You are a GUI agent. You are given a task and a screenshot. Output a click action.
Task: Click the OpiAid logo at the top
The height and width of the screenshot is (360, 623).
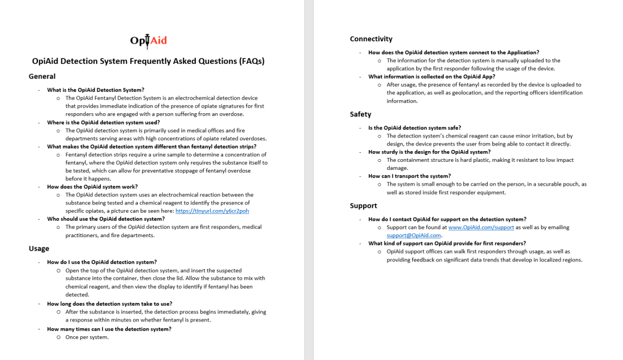coord(148,41)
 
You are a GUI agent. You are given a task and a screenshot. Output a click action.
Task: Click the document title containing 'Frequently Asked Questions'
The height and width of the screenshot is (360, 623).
coord(148,61)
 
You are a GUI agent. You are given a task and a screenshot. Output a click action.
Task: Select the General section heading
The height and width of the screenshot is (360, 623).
coord(42,76)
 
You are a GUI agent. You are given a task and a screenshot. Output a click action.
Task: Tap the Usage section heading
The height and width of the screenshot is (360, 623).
coord(39,248)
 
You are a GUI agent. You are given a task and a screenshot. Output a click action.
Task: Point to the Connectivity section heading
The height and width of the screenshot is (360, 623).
coord(371,39)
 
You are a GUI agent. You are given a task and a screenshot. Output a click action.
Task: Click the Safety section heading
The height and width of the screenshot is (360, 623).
coord(361,114)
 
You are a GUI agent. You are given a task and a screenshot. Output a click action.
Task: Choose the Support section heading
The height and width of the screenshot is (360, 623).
coord(364,205)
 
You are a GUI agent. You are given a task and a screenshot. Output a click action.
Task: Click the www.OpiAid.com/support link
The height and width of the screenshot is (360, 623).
coord(481,228)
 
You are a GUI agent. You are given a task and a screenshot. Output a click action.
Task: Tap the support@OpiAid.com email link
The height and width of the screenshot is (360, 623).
coord(413,235)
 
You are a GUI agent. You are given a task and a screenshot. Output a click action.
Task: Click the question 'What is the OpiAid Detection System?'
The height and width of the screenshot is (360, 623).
coord(96,90)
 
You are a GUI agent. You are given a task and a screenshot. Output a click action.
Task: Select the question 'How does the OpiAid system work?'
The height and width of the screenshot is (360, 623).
coord(92,186)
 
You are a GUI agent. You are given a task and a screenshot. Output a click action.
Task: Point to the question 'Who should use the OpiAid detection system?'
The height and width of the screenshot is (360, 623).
coord(106,218)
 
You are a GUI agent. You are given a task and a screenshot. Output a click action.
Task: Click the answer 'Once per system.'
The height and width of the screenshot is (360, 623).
coord(87,337)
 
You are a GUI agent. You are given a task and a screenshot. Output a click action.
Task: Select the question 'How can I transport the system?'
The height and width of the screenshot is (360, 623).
coord(409,176)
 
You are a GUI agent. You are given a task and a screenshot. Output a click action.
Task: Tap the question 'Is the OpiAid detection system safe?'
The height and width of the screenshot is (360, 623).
coord(415,128)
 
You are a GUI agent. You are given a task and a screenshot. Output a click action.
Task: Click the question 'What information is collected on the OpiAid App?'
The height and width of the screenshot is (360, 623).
coord(432,76)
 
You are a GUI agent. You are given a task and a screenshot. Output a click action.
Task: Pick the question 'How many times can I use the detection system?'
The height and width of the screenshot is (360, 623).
coord(109,329)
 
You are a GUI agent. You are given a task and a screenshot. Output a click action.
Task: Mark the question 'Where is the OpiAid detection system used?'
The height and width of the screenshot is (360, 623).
coord(104,122)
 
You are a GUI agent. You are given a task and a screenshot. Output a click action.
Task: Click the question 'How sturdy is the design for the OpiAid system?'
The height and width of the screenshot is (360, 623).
coord(429,152)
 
